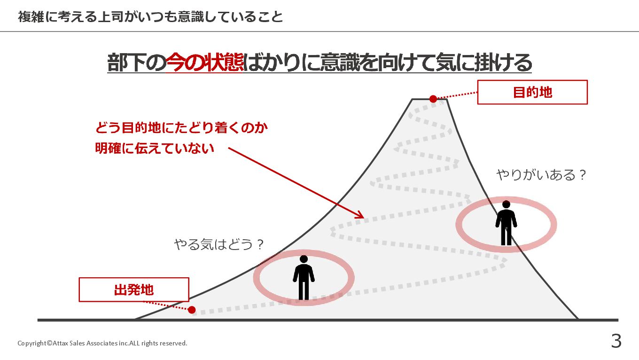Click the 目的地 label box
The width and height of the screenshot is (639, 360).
[532, 92]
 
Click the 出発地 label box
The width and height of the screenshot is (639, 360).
[134, 290]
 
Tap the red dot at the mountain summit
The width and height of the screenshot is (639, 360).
[433, 99]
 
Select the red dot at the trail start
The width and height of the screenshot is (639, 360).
[192, 310]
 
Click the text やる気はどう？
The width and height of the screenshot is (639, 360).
[219, 244]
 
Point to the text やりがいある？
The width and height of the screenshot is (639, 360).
[542, 175]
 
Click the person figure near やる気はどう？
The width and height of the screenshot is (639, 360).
[304, 278]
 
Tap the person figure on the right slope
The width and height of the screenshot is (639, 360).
[506, 224]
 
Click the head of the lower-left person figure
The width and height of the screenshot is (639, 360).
[304, 259]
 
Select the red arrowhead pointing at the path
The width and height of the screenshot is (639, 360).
[360, 215]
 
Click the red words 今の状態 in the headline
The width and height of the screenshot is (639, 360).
[205, 63]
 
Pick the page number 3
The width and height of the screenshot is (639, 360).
[616, 341]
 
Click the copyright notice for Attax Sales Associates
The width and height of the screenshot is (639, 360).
[102, 343]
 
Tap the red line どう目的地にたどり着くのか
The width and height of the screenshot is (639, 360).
[181, 127]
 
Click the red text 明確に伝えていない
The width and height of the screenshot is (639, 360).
[155, 149]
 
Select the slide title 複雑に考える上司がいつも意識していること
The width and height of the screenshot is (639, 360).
[150, 17]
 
